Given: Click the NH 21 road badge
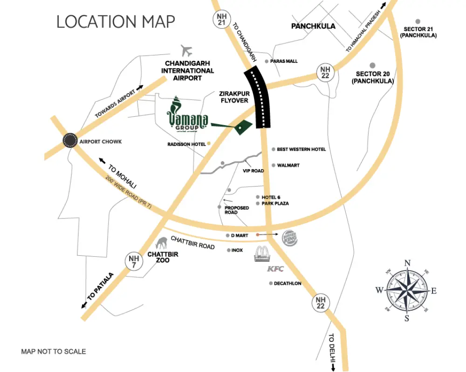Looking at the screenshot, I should pos(220,19).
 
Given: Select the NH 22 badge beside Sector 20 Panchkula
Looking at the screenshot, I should pos(325,72).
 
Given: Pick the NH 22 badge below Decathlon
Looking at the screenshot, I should pos(320,303).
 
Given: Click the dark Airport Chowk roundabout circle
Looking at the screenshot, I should pos(70,141).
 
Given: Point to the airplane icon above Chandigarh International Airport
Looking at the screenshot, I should pos(188,50).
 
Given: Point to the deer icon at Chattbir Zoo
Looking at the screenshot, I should pos(162,243).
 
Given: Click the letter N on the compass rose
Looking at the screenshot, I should pos(407,263).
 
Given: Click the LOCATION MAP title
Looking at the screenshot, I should pos(116,21).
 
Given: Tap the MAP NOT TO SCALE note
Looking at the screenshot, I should pos(54,352).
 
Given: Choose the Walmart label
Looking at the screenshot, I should pos(288,165).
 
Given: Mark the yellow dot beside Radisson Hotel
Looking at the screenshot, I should pos(209,144).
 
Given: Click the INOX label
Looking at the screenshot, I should pos(237,250).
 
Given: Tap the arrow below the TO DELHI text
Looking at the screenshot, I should pos(333,367).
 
